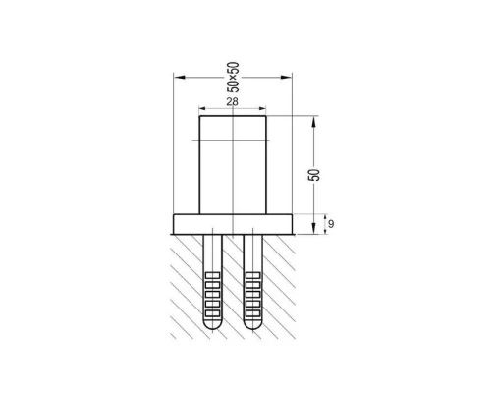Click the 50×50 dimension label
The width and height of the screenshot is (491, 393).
click(x=235, y=77)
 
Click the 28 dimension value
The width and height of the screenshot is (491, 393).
click(x=232, y=102)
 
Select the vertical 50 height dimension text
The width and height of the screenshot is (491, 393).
click(x=314, y=175)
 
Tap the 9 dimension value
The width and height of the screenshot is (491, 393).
click(x=331, y=224)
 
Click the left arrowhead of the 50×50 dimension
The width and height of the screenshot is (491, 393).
click(x=180, y=78)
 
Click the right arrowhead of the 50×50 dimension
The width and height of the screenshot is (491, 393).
click(x=286, y=78)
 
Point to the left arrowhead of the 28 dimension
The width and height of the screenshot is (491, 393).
click(x=203, y=108)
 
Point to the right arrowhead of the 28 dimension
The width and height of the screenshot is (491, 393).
click(x=262, y=108)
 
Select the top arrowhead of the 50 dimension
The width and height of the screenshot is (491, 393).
click(x=313, y=122)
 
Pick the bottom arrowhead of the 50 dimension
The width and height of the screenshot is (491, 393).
click(x=313, y=228)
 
